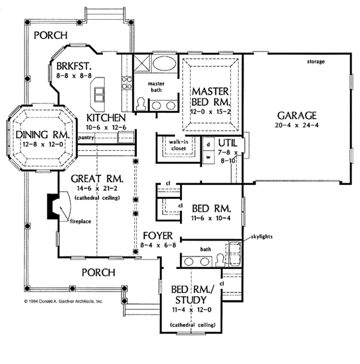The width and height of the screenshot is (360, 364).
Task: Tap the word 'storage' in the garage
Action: (x=316, y=62)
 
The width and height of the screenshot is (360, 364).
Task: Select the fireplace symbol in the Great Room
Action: (x=59, y=208)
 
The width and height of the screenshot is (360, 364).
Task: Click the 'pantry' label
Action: (x=86, y=138)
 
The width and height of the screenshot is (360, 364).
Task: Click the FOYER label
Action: (x=158, y=234)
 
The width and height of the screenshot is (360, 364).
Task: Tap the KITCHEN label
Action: (x=104, y=118)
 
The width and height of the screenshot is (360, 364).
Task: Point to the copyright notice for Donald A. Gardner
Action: (x=64, y=301)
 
